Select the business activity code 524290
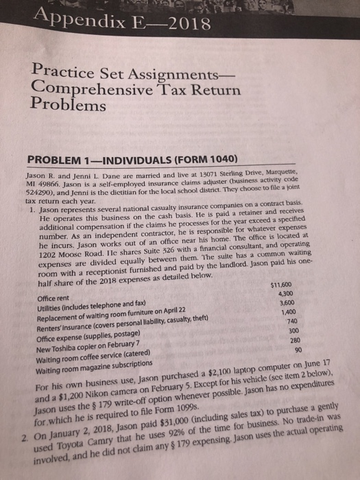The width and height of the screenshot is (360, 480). click(29, 195)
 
